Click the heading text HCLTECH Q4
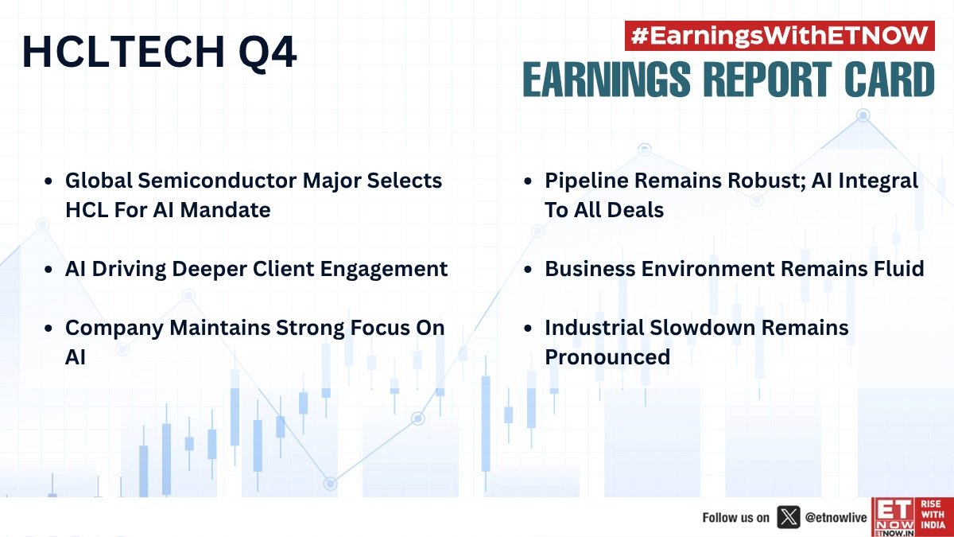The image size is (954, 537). tap(159, 53)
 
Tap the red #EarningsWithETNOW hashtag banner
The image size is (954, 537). tap(779, 36)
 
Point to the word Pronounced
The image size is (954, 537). tap(607, 357)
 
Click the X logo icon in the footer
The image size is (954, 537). tap(787, 517)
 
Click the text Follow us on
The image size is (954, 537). tap(735, 517)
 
